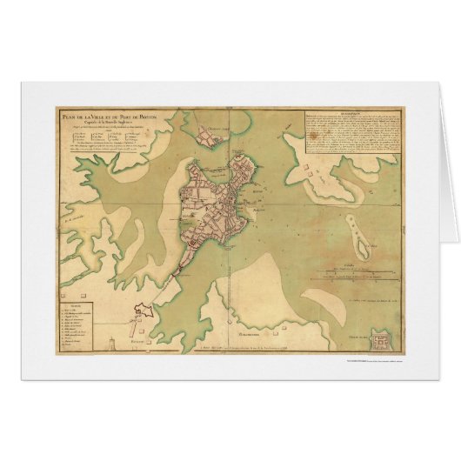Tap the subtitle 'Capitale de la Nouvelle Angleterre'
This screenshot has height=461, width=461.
click(99, 123)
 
